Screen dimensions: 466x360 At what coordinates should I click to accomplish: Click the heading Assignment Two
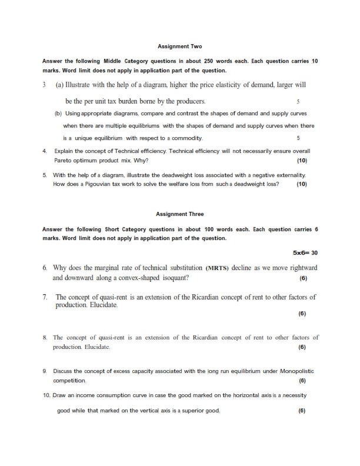click(181, 45)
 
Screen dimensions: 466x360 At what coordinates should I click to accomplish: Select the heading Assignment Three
click(181, 214)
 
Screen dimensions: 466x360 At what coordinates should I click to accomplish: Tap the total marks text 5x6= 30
click(305, 252)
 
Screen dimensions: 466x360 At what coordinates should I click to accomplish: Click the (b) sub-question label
click(58, 112)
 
